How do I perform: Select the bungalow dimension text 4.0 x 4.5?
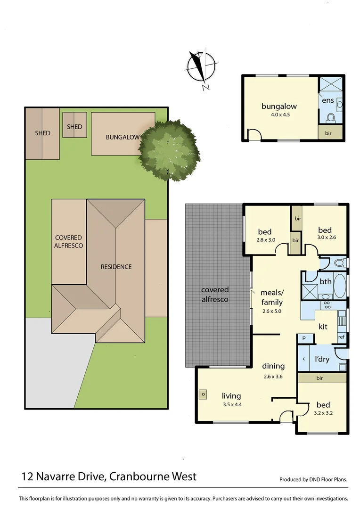point(279,114)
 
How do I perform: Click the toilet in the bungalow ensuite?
point(331,116)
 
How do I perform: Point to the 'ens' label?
point(328,100)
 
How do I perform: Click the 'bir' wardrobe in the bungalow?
point(328,133)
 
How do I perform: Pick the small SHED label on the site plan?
point(74,126)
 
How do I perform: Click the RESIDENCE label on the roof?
point(116,267)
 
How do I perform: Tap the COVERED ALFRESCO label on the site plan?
point(68,242)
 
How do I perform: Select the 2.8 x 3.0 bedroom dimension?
point(265,239)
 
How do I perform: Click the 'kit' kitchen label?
point(323,326)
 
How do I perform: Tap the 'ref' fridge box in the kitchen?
point(341,337)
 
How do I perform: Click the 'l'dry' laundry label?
point(322,359)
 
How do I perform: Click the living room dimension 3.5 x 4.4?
point(231,404)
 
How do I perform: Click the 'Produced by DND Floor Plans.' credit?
point(313,479)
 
